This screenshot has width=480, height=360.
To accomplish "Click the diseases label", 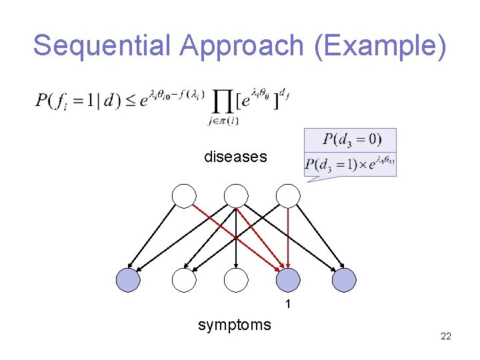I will pyautogui.click(x=235, y=157).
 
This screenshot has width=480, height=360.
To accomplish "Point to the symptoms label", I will pyautogui.click(x=235, y=325).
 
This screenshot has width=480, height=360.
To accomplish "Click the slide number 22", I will pyautogui.click(x=446, y=336).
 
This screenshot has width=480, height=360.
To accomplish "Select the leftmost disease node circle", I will pyautogui.click(x=184, y=196).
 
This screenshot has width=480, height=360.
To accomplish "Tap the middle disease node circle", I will pyautogui.click(x=236, y=196).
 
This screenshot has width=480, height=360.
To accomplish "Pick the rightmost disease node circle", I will pyautogui.click(x=288, y=196).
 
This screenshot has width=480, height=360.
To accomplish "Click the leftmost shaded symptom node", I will pyautogui.click(x=128, y=281).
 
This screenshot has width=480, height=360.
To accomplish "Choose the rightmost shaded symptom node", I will pyautogui.click(x=344, y=281).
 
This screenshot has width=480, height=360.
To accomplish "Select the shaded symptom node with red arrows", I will pyautogui.click(x=288, y=281).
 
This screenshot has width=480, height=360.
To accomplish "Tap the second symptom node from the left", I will pyautogui.click(x=184, y=281).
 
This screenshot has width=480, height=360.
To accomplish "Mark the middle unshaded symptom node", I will pyautogui.click(x=236, y=281).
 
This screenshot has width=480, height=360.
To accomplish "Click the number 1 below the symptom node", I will pyautogui.click(x=288, y=305).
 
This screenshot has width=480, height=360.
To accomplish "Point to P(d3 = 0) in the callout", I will pyautogui.click(x=351, y=139).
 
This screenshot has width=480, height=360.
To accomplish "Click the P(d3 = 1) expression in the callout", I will pyautogui.click(x=331, y=164).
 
